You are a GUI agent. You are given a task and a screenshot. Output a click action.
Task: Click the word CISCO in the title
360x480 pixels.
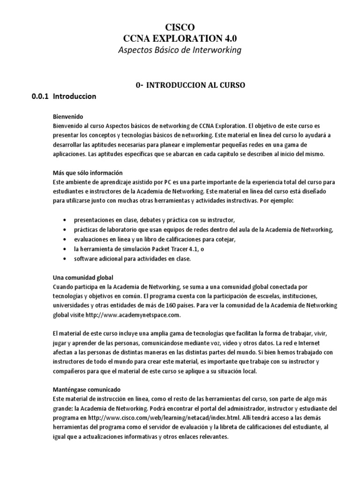[x=180, y=28]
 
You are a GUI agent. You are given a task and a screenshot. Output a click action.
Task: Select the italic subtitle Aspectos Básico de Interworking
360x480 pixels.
[x=180, y=50]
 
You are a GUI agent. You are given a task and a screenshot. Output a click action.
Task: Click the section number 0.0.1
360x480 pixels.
[x=40, y=97]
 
